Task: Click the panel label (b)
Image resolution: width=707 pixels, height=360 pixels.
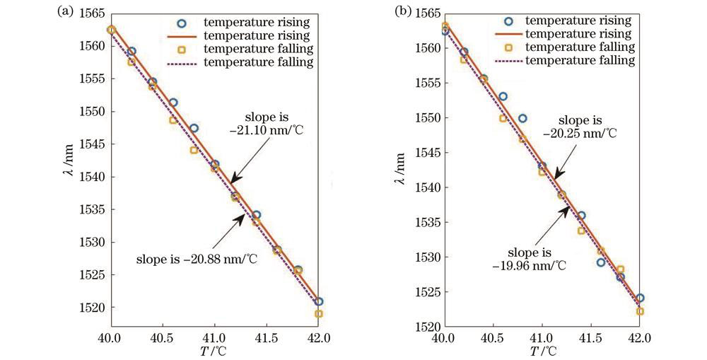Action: [x=407, y=12]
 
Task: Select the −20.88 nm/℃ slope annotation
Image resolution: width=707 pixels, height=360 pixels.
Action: [x=197, y=259]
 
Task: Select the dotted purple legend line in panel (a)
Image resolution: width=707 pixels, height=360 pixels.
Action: [x=181, y=63]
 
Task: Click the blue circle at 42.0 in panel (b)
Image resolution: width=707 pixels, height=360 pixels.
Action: [x=640, y=298]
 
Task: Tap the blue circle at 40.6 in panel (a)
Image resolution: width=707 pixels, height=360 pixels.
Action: [x=173, y=103]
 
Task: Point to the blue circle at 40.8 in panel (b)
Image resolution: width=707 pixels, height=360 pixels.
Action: [x=522, y=118]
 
